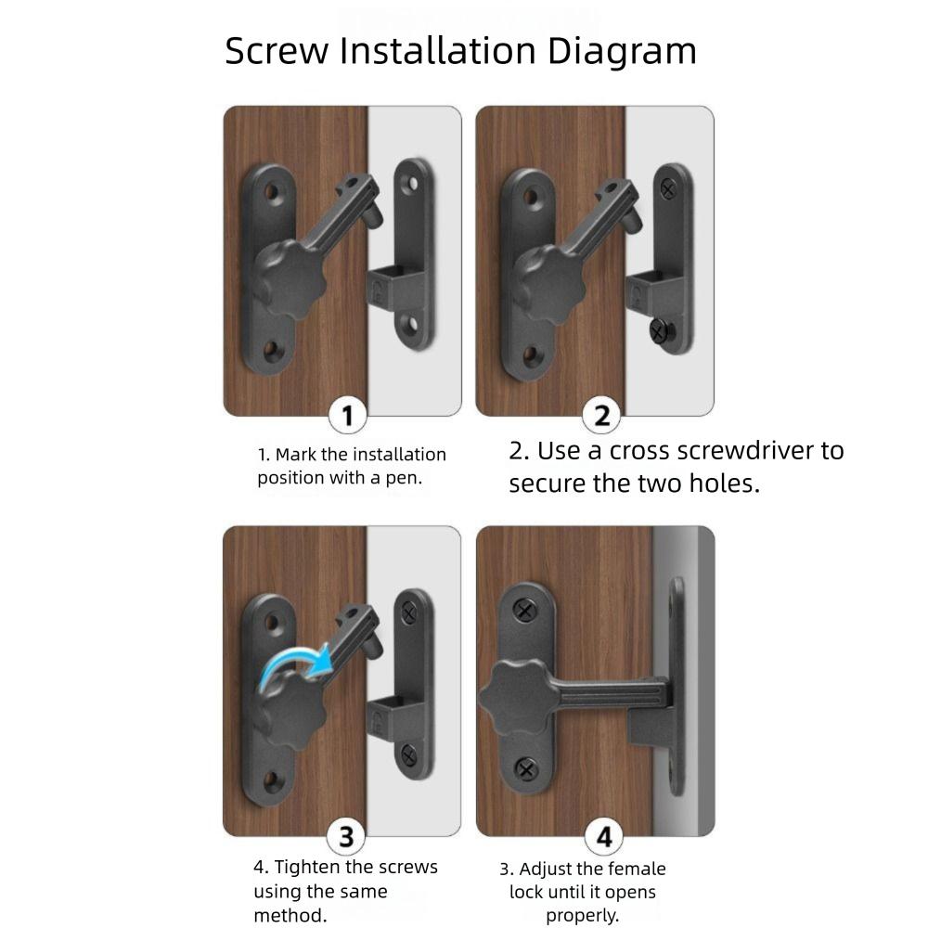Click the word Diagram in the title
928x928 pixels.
coord(621,51)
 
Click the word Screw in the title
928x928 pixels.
coord(277,51)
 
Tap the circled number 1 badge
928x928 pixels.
coord(347,416)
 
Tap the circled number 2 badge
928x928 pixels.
coord(602,416)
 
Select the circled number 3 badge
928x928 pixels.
coord(346,837)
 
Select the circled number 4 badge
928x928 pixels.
coord(603,838)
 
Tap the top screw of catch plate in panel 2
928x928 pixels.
coord(668,188)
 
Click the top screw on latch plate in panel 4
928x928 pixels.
coord(525,611)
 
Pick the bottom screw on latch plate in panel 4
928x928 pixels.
coord(525,769)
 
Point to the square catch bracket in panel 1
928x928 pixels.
coord(390,282)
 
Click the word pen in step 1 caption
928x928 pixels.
coord(405,478)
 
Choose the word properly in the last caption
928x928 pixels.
coord(582,915)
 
